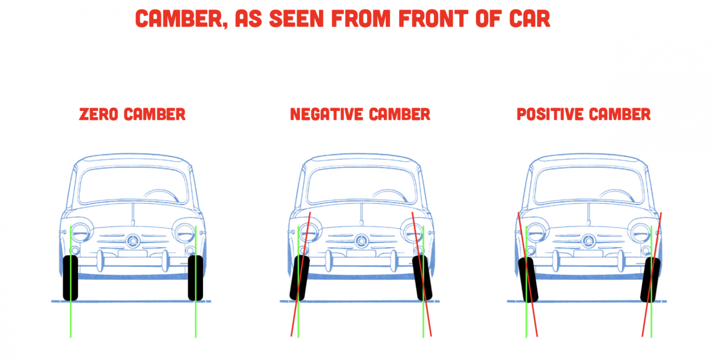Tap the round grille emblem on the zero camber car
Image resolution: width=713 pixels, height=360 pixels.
(133, 241)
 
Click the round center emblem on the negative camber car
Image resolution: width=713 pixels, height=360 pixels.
(361, 241)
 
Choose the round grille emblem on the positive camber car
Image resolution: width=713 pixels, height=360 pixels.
(588, 241)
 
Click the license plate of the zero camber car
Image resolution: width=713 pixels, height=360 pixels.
(132, 254)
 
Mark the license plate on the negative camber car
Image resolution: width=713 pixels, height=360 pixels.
(361, 254)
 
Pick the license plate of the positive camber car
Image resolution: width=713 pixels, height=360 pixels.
(588, 254)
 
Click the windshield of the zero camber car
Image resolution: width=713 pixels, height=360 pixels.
(121, 183)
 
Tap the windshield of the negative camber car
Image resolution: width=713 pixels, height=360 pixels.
(348, 183)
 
